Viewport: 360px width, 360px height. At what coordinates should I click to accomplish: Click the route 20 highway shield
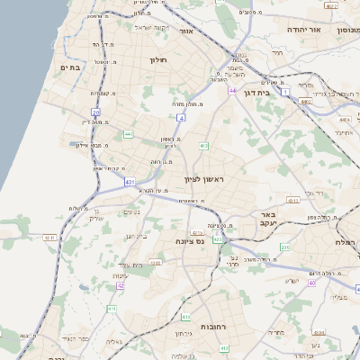(96, 112)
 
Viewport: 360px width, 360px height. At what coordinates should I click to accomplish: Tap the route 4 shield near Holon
(181, 118)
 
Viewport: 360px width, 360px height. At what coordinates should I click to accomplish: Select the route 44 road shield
(232, 91)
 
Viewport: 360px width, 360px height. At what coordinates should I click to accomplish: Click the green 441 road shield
(128, 134)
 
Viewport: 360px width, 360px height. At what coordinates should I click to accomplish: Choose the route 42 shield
(120, 285)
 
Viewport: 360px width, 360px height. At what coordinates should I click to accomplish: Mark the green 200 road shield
(284, 247)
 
